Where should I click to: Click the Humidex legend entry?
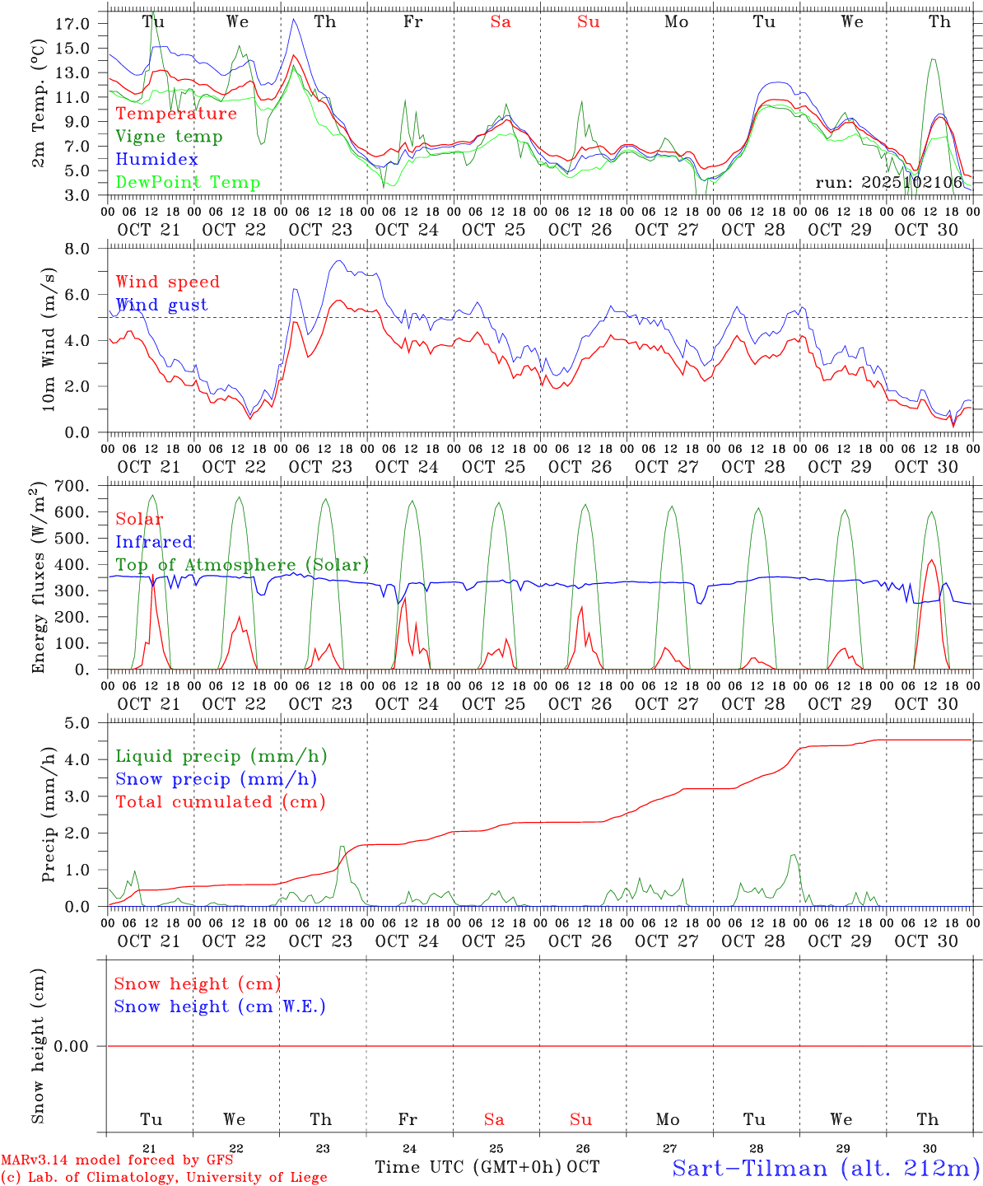[x=156, y=159]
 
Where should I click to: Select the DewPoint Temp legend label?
[x=188, y=182]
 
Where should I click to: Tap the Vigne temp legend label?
[x=169, y=136]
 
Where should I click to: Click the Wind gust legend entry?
[x=161, y=305]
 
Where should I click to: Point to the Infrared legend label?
[x=154, y=541]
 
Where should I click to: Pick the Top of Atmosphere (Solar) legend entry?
[x=242, y=564]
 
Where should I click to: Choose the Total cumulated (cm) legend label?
[x=220, y=801]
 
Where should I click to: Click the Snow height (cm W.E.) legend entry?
[x=220, y=1006]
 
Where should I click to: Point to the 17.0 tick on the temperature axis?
[x=72, y=24]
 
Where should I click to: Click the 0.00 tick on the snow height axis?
[x=72, y=1046]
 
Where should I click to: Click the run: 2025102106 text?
[x=888, y=183]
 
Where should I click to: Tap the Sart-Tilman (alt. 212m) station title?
[x=826, y=1167]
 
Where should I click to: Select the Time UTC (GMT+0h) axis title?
[x=468, y=1166]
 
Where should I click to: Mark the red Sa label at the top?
[x=501, y=22]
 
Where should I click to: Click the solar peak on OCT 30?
[x=931, y=560]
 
